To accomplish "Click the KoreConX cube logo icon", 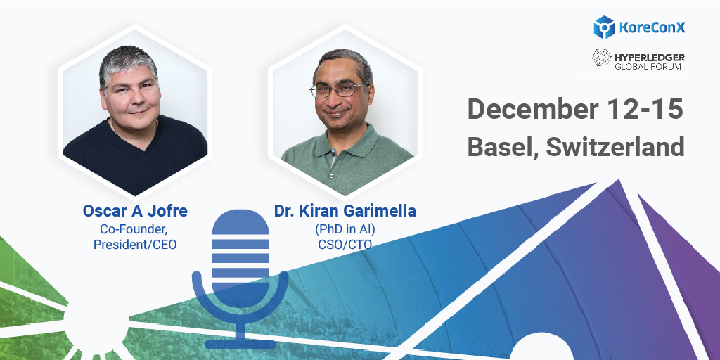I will (605, 27).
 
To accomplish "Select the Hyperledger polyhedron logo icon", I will (602, 60).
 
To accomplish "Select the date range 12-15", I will (650, 110).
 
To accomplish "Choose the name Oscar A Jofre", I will (135, 212).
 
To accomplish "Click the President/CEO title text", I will (135, 244).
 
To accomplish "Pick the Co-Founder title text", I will (135, 229).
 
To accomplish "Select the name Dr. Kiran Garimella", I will (345, 212).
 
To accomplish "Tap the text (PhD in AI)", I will (345, 229).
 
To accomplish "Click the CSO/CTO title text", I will (345, 244).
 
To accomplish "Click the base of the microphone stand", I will (240, 344).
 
